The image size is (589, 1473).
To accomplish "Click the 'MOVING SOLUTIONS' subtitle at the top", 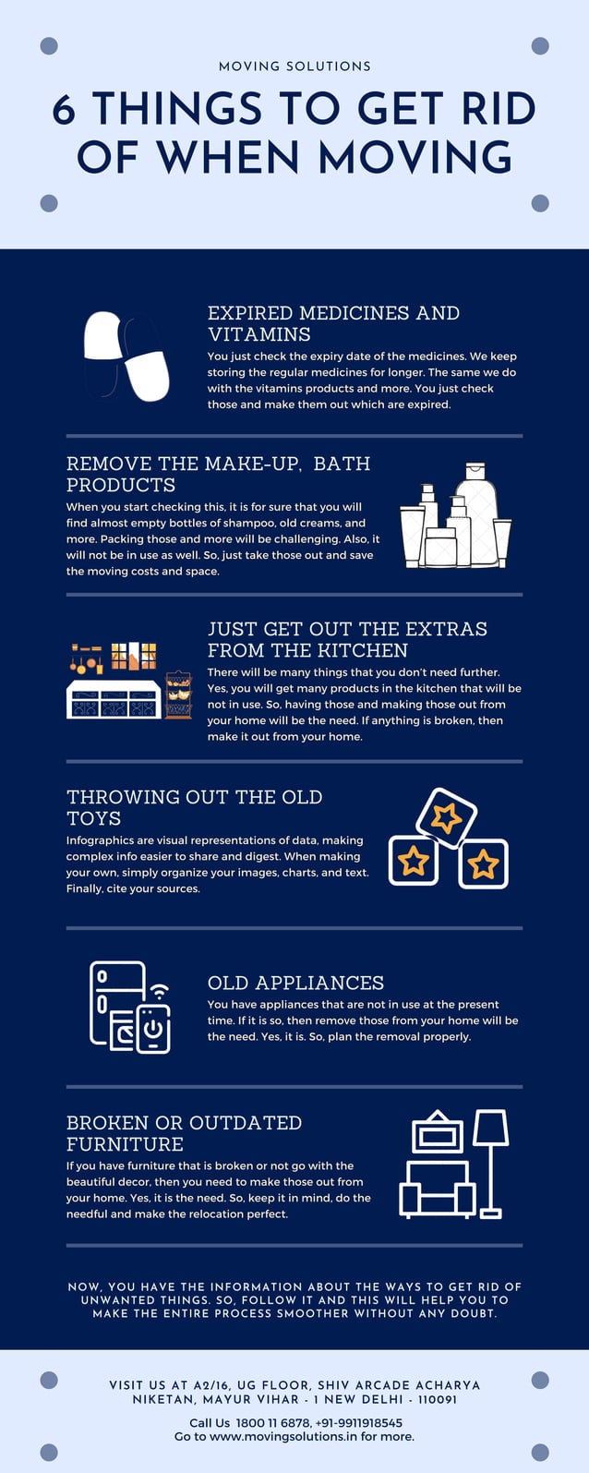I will pos(294,66).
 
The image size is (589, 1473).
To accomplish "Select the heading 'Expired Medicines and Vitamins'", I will pos(333,323).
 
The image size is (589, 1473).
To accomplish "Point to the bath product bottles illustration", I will pos(455,517).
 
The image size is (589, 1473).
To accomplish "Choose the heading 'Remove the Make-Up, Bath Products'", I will pos(218,474).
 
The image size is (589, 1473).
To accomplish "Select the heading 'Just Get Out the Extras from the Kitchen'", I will pos(347,639).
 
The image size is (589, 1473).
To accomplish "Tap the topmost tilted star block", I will pos(446,817).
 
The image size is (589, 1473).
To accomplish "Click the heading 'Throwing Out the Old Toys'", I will pos(194,807).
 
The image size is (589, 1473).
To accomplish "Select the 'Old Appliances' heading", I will pos(295,983).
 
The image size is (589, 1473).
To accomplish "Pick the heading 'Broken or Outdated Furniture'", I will pos(184,1133).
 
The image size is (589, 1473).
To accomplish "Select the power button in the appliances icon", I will pos(153,1030).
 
